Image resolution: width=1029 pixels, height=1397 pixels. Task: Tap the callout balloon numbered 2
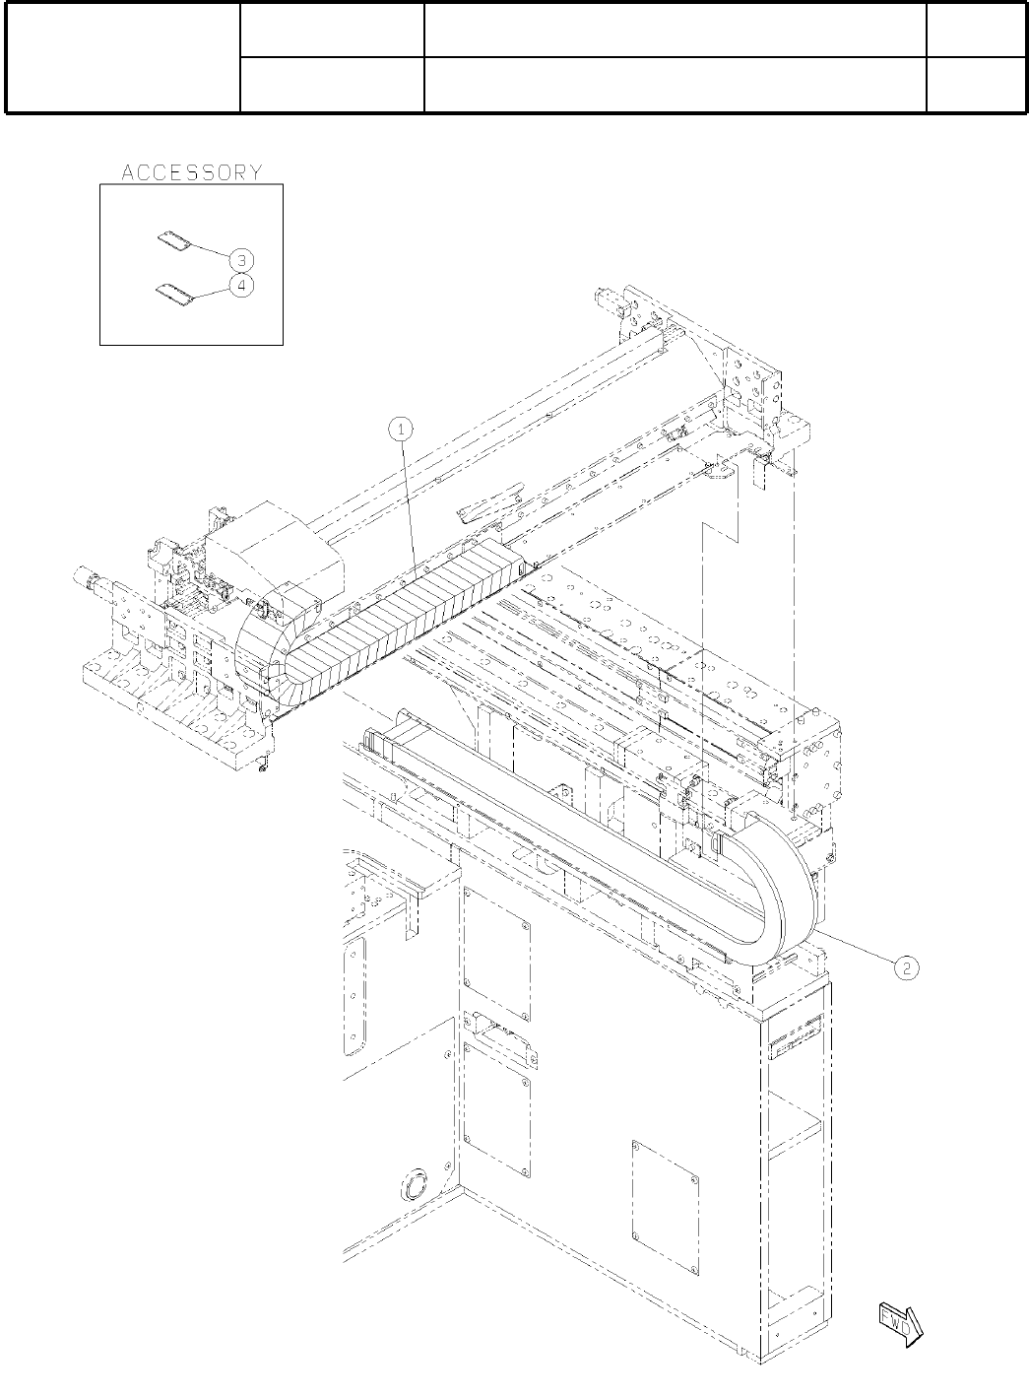(906, 968)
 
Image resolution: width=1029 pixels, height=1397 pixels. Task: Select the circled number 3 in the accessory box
(241, 260)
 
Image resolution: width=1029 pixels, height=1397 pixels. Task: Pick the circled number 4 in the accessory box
(241, 285)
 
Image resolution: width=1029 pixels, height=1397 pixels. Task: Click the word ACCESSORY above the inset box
(192, 172)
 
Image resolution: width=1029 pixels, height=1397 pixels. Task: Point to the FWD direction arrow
(900, 1322)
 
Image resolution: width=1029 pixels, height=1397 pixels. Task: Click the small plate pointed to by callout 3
(173, 241)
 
